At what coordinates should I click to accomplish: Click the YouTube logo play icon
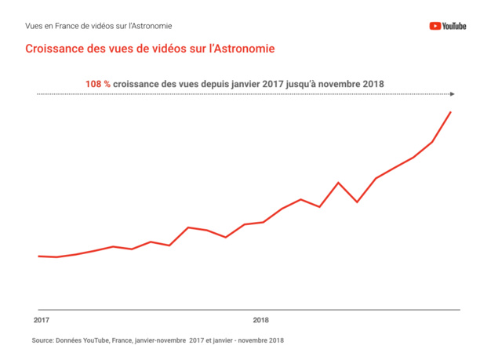click(435, 26)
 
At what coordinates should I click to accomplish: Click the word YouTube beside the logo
click(454, 26)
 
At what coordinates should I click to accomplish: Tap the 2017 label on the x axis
click(42, 321)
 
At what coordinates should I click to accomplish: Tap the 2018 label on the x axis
click(260, 321)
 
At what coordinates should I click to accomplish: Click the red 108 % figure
click(98, 84)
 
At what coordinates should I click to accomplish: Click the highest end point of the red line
click(450, 112)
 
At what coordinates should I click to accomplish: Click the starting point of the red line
click(38, 256)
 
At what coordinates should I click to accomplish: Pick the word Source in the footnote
click(42, 340)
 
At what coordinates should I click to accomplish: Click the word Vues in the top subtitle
click(35, 26)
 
